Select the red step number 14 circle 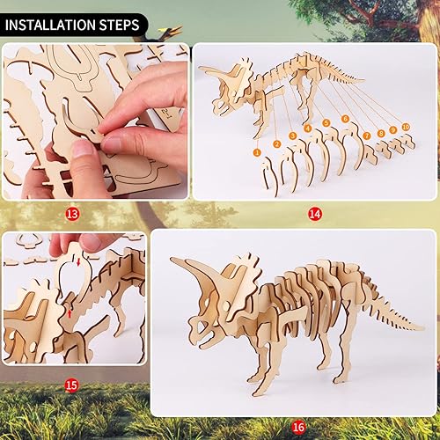[x=314, y=214]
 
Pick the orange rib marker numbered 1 [x=257, y=152]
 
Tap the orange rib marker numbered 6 [x=346, y=118]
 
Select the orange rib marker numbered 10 [x=406, y=127]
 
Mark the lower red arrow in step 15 [x=68, y=311]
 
